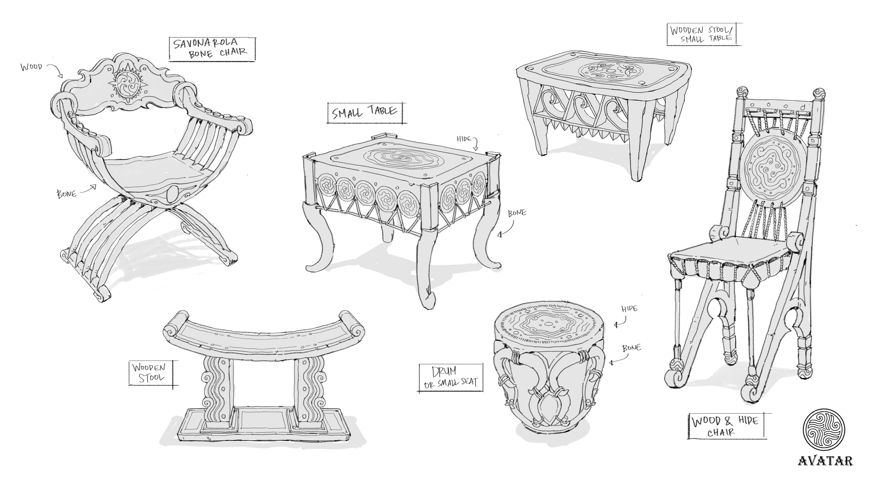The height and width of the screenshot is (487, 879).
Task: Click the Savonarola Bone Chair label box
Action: point(212,49)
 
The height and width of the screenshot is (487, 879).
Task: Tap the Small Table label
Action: point(365,113)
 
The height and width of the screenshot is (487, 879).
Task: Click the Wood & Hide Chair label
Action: point(726,426)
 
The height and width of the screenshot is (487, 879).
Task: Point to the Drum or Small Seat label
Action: point(451,377)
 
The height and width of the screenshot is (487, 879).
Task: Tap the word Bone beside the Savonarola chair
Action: point(67,194)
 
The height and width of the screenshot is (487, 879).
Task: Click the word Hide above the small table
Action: point(464,139)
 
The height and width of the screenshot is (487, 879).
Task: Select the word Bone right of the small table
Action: point(517,213)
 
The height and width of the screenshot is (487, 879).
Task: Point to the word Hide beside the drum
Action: point(629,309)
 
